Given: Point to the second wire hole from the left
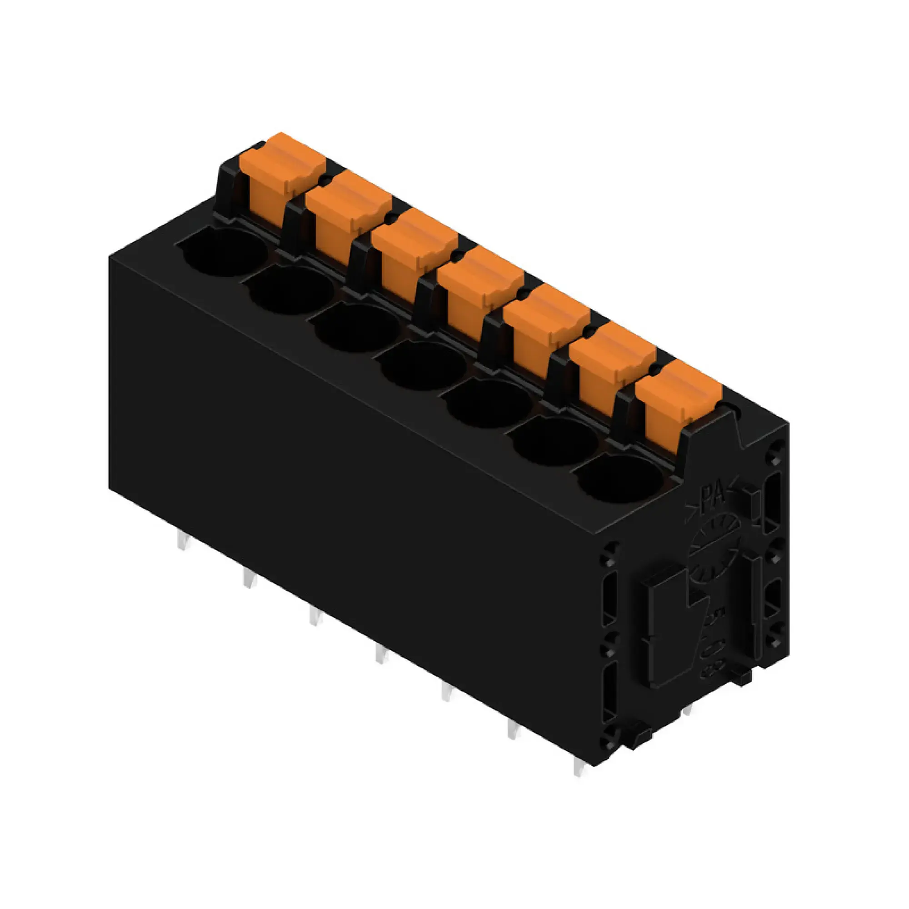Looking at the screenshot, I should point(290,290).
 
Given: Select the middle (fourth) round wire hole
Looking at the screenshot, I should point(423,366).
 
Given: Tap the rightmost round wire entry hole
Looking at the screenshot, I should point(620,479).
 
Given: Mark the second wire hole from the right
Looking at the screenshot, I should point(554,441).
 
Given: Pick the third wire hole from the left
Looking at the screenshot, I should point(357,329).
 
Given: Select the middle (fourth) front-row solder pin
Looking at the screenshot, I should point(380,654).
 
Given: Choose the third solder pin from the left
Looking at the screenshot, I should point(313,616).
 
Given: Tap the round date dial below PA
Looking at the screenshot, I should point(713,546).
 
